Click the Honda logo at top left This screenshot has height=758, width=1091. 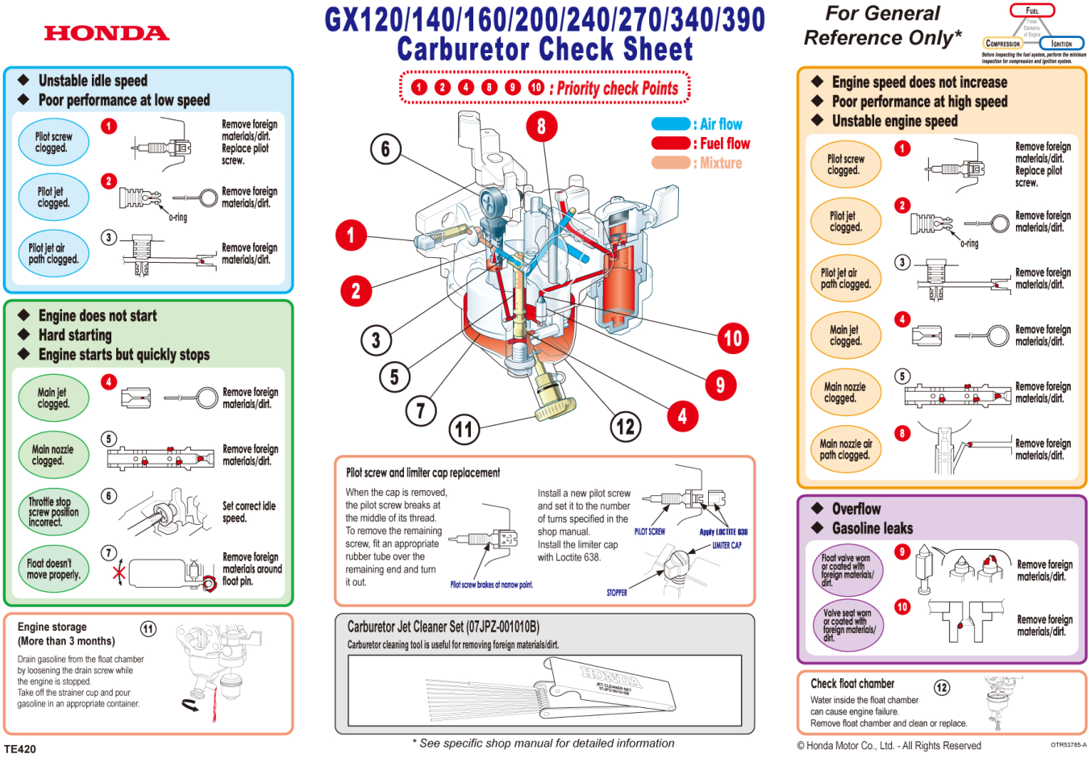click(106, 33)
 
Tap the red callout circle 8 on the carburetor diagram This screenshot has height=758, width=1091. click(541, 126)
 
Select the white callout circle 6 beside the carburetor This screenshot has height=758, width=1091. click(385, 148)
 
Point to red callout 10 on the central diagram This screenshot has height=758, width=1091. click(732, 338)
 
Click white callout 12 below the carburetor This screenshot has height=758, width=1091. click(625, 427)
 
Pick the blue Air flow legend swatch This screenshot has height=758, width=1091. click(670, 124)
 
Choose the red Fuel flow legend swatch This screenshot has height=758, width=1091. click(670, 144)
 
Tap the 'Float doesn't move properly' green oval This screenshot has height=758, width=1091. click(53, 569)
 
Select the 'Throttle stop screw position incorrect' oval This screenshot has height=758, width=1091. click(53, 512)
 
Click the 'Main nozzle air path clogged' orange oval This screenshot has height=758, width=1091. click(845, 450)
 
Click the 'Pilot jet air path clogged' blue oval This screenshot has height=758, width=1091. click(53, 254)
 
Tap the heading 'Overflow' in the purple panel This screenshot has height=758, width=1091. click(856, 509)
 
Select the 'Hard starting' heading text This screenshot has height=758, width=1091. click(75, 335)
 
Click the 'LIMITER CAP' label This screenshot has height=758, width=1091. click(727, 545)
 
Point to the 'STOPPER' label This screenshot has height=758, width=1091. click(617, 593)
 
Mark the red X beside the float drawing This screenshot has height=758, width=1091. click(119, 573)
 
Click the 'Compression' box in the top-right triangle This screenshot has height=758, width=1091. click(1002, 44)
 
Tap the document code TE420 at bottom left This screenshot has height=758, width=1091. click(20, 749)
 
